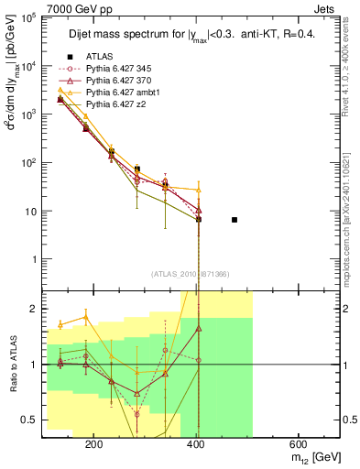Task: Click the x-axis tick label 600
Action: [302, 442]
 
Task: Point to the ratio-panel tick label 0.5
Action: [30, 420]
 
